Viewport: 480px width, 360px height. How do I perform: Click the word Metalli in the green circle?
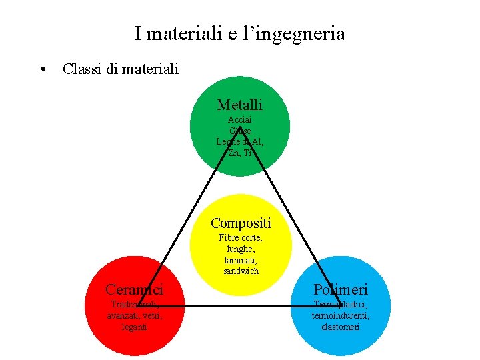(240, 105)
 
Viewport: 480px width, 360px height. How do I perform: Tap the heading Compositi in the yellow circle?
(241, 223)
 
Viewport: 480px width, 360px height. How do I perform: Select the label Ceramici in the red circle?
(134, 289)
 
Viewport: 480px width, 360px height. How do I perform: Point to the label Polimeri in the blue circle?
(341, 289)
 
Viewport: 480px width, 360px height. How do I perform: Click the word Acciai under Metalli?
(240, 120)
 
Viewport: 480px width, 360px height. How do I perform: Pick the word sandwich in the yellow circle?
(241, 271)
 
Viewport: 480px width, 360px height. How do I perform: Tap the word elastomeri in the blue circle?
(340, 327)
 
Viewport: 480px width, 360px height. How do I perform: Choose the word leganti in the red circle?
(134, 327)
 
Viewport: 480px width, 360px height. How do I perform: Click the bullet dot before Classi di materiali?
(43, 69)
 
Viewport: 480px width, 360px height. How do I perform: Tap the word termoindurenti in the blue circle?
(341, 316)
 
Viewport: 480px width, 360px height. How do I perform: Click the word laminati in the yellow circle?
(241, 260)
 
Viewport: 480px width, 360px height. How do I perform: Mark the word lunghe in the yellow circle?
(241, 249)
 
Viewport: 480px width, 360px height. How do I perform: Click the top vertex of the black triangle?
(240, 126)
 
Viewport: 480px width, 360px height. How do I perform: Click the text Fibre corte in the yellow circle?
(241, 237)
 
